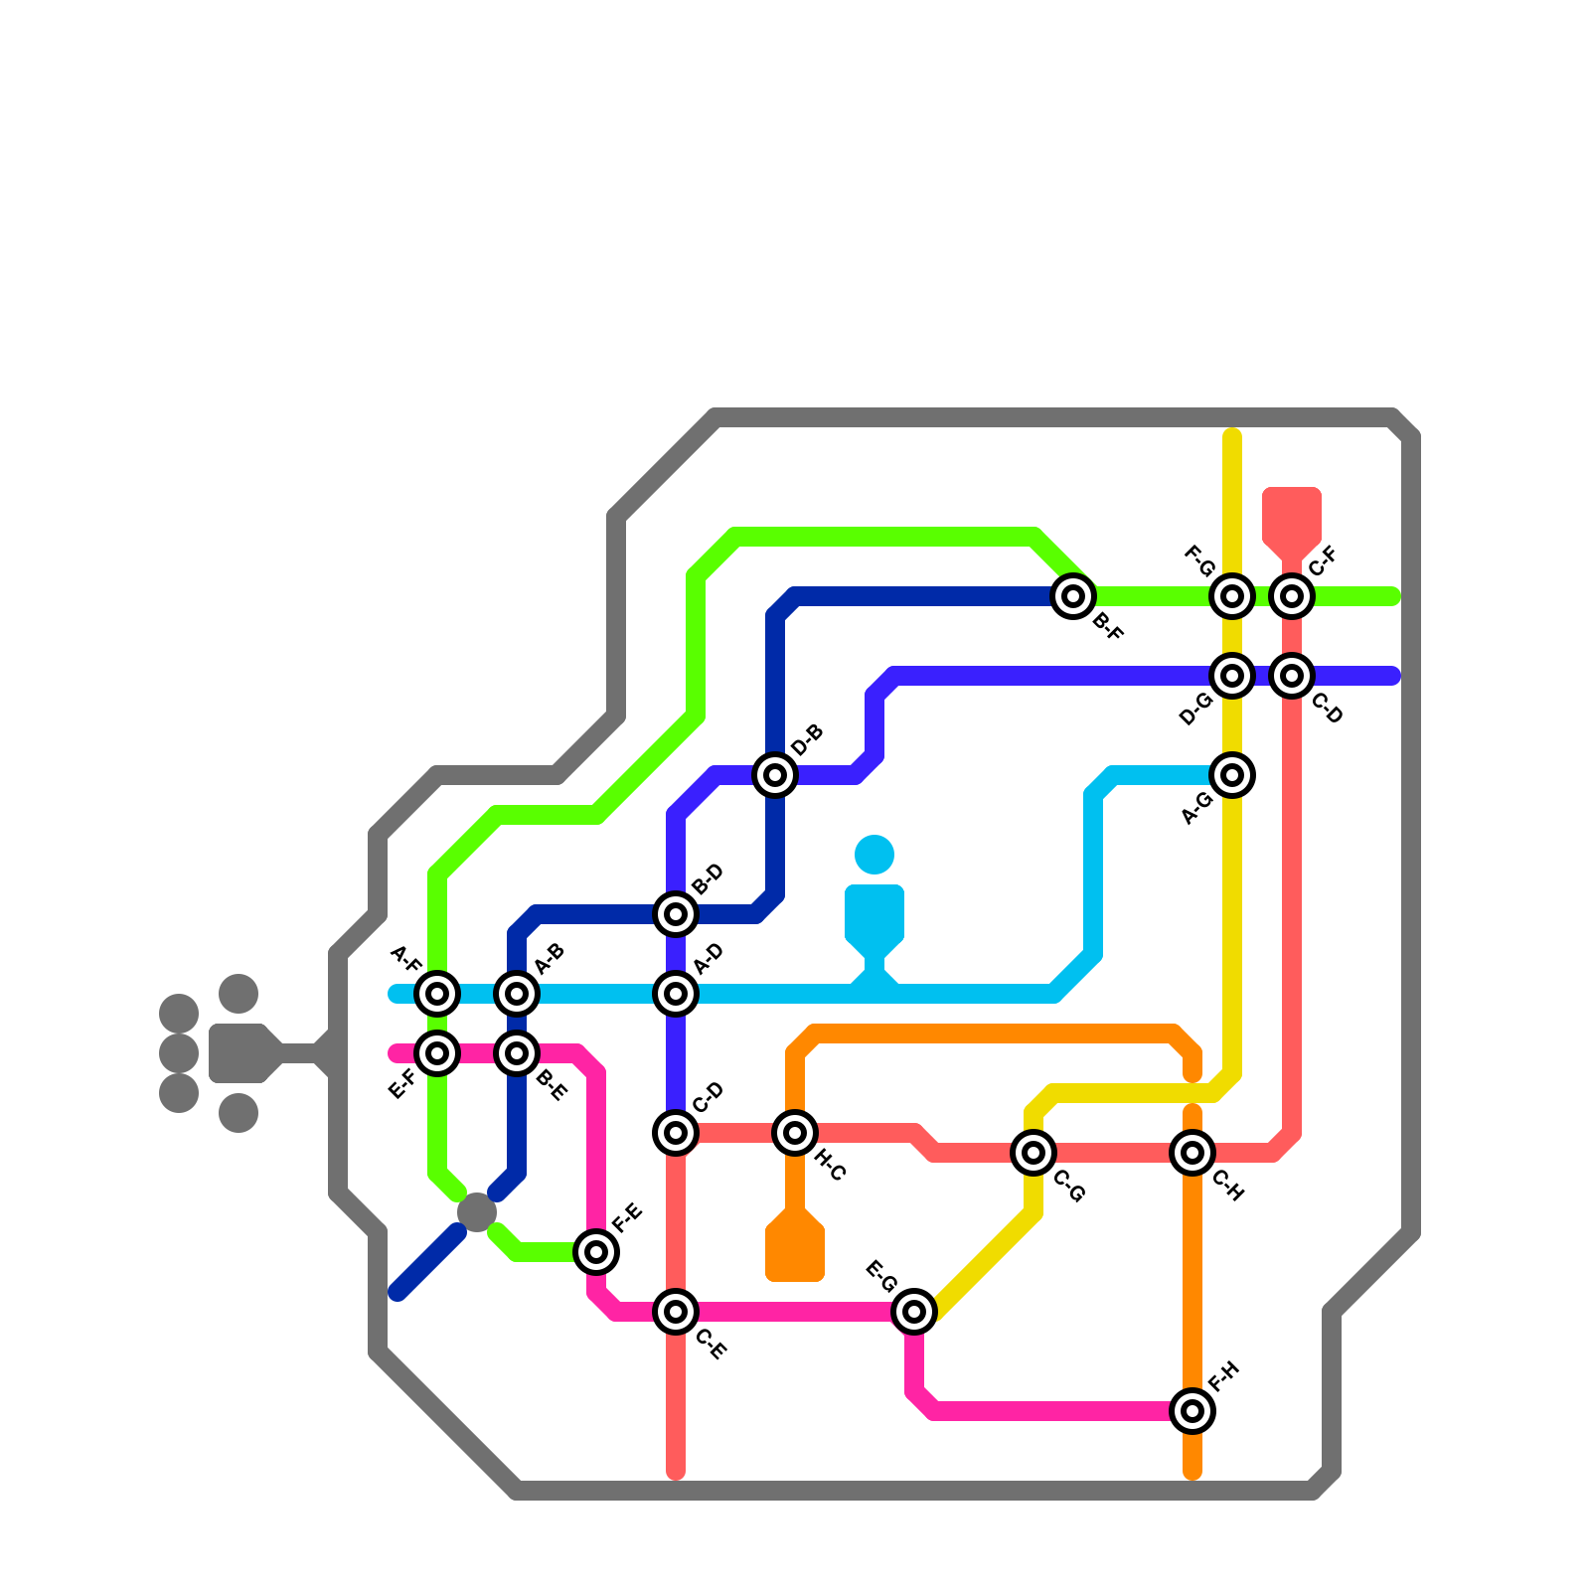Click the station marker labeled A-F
(x=437, y=993)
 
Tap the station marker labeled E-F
(x=437, y=1052)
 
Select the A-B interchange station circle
(x=517, y=993)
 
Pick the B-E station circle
(x=517, y=1052)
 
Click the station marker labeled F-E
(x=596, y=1252)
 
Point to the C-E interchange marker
(x=676, y=1312)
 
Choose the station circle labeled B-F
(x=1073, y=596)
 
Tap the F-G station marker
(x=1232, y=596)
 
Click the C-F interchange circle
(x=1292, y=596)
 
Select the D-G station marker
(x=1232, y=676)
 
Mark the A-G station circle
(x=1232, y=775)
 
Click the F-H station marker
(x=1192, y=1410)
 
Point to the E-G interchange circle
(x=914, y=1312)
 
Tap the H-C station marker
(x=795, y=1132)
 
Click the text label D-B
(x=808, y=740)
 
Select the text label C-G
(x=1068, y=1187)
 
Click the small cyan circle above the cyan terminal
(x=874, y=855)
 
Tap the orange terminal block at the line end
(x=795, y=1247)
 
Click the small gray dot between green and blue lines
(x=477, y=1212)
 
